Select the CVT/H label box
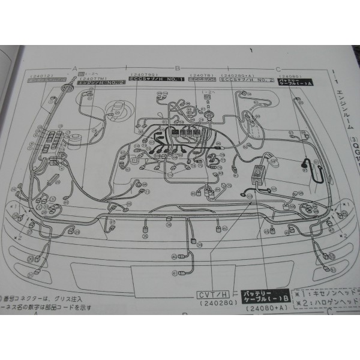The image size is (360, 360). tap(215, 295)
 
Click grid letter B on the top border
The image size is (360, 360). tap(178, 68)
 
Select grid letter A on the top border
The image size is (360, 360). tap(74, 68)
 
